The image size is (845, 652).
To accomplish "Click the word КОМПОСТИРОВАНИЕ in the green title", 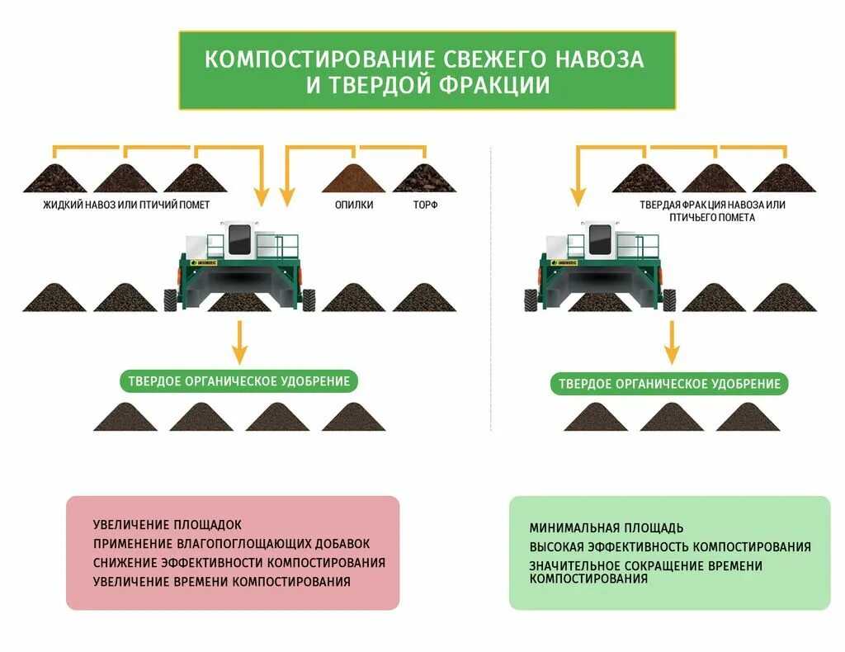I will coord(319,59).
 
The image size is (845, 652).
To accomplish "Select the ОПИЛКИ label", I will coord(354,205).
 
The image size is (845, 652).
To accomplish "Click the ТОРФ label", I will coord(425,205).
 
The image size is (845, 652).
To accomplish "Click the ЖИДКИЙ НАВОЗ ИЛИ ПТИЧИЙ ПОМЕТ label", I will coord(126,205).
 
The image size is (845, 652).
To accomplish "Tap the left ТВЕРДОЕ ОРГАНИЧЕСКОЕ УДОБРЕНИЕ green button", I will coord(239,381).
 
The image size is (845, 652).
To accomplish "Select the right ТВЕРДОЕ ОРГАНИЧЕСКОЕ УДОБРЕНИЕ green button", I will coord(669,384).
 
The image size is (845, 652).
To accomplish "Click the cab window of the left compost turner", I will coord(239,239).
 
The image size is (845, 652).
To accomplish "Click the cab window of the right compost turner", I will coord(599,239).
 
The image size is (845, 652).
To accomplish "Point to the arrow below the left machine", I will coord(239,342).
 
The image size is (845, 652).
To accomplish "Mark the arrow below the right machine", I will coord(672,343).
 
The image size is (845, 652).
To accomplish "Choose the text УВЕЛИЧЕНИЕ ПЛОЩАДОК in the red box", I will coord(168,525).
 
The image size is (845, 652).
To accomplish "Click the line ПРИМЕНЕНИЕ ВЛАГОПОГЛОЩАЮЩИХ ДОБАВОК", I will coord(232,544).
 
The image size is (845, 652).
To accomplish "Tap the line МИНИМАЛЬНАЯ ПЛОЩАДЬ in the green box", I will coord(607,528).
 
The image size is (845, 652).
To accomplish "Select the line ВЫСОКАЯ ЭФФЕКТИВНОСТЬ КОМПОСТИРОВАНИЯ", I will coord(670,547).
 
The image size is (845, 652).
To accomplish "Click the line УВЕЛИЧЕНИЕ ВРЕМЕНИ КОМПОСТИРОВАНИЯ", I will coord(222,582).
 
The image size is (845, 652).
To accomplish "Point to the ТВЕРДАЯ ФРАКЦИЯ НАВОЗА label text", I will coord(712,205).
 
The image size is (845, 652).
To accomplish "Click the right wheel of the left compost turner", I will coord(309,299).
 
